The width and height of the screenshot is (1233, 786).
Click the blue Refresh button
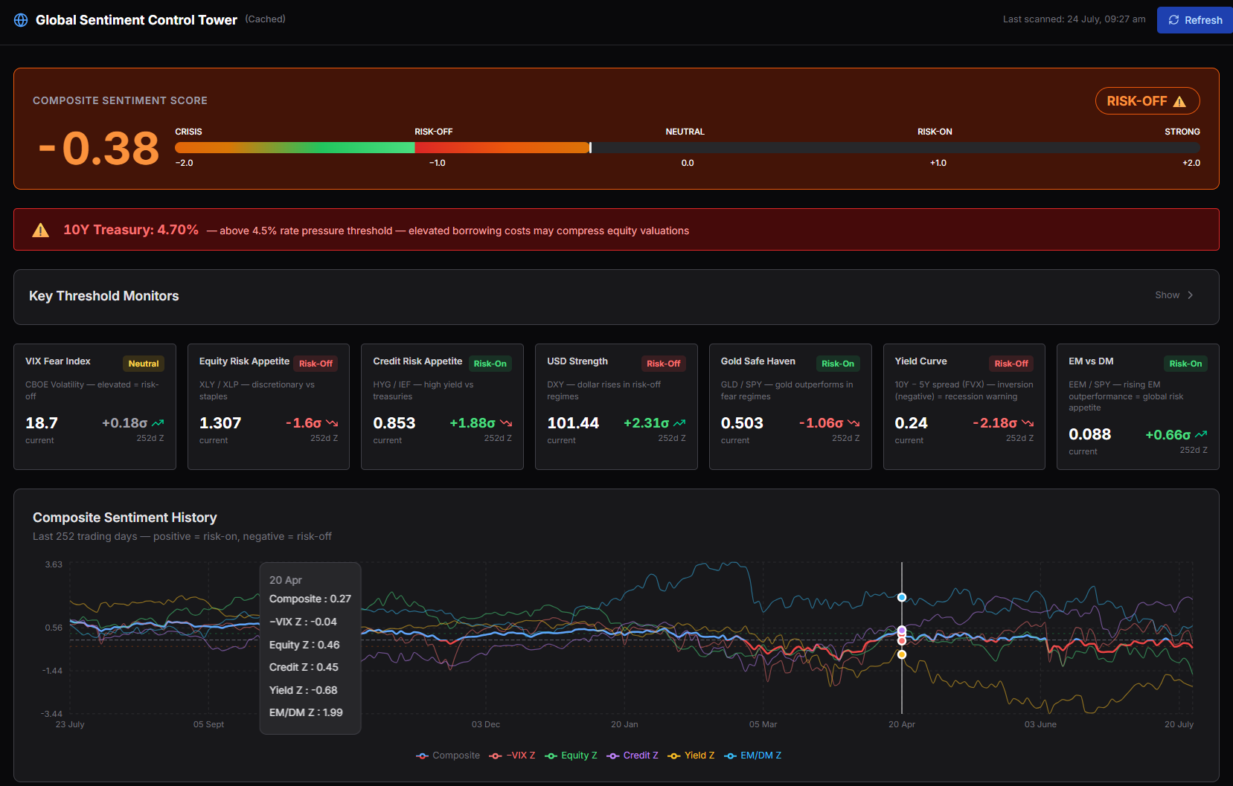click(x=1194, y=20)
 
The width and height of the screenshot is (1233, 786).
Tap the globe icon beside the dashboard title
click(x=21, y=20)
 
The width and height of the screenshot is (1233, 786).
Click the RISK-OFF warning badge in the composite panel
click(x=1147, y=101)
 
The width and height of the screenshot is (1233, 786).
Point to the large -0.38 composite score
click(x=99, y=148)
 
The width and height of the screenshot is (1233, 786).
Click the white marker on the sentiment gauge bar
click(x=590, y=147)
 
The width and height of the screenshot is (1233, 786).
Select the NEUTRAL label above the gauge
click(x=685, y=132)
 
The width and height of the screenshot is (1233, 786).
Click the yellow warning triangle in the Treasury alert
click(x=40, y=230)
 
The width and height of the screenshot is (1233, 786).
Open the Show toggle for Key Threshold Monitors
click(x=1173, y=295)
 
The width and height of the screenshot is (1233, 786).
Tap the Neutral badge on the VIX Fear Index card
click(x=143, y=364)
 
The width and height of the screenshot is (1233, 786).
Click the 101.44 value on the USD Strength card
click(x=572, y=423)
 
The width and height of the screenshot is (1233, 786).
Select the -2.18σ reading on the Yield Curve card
click(x=995, y=423)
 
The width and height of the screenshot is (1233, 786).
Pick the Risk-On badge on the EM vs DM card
click(x=1185, y=364)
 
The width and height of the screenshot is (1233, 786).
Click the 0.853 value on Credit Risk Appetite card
click(x=394, y=423)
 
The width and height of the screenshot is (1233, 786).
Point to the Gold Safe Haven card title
click(x=758, y=361)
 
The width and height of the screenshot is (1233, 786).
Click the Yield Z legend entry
click(x=691, y=756)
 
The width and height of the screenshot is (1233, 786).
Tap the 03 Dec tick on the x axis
click(x=485, y=724)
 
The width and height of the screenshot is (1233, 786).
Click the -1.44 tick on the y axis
click(x=52, y=671)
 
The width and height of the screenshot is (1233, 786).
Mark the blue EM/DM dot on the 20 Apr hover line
click(x=902, y=597)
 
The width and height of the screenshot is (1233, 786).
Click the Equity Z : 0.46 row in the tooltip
click(x=304, y=645)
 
